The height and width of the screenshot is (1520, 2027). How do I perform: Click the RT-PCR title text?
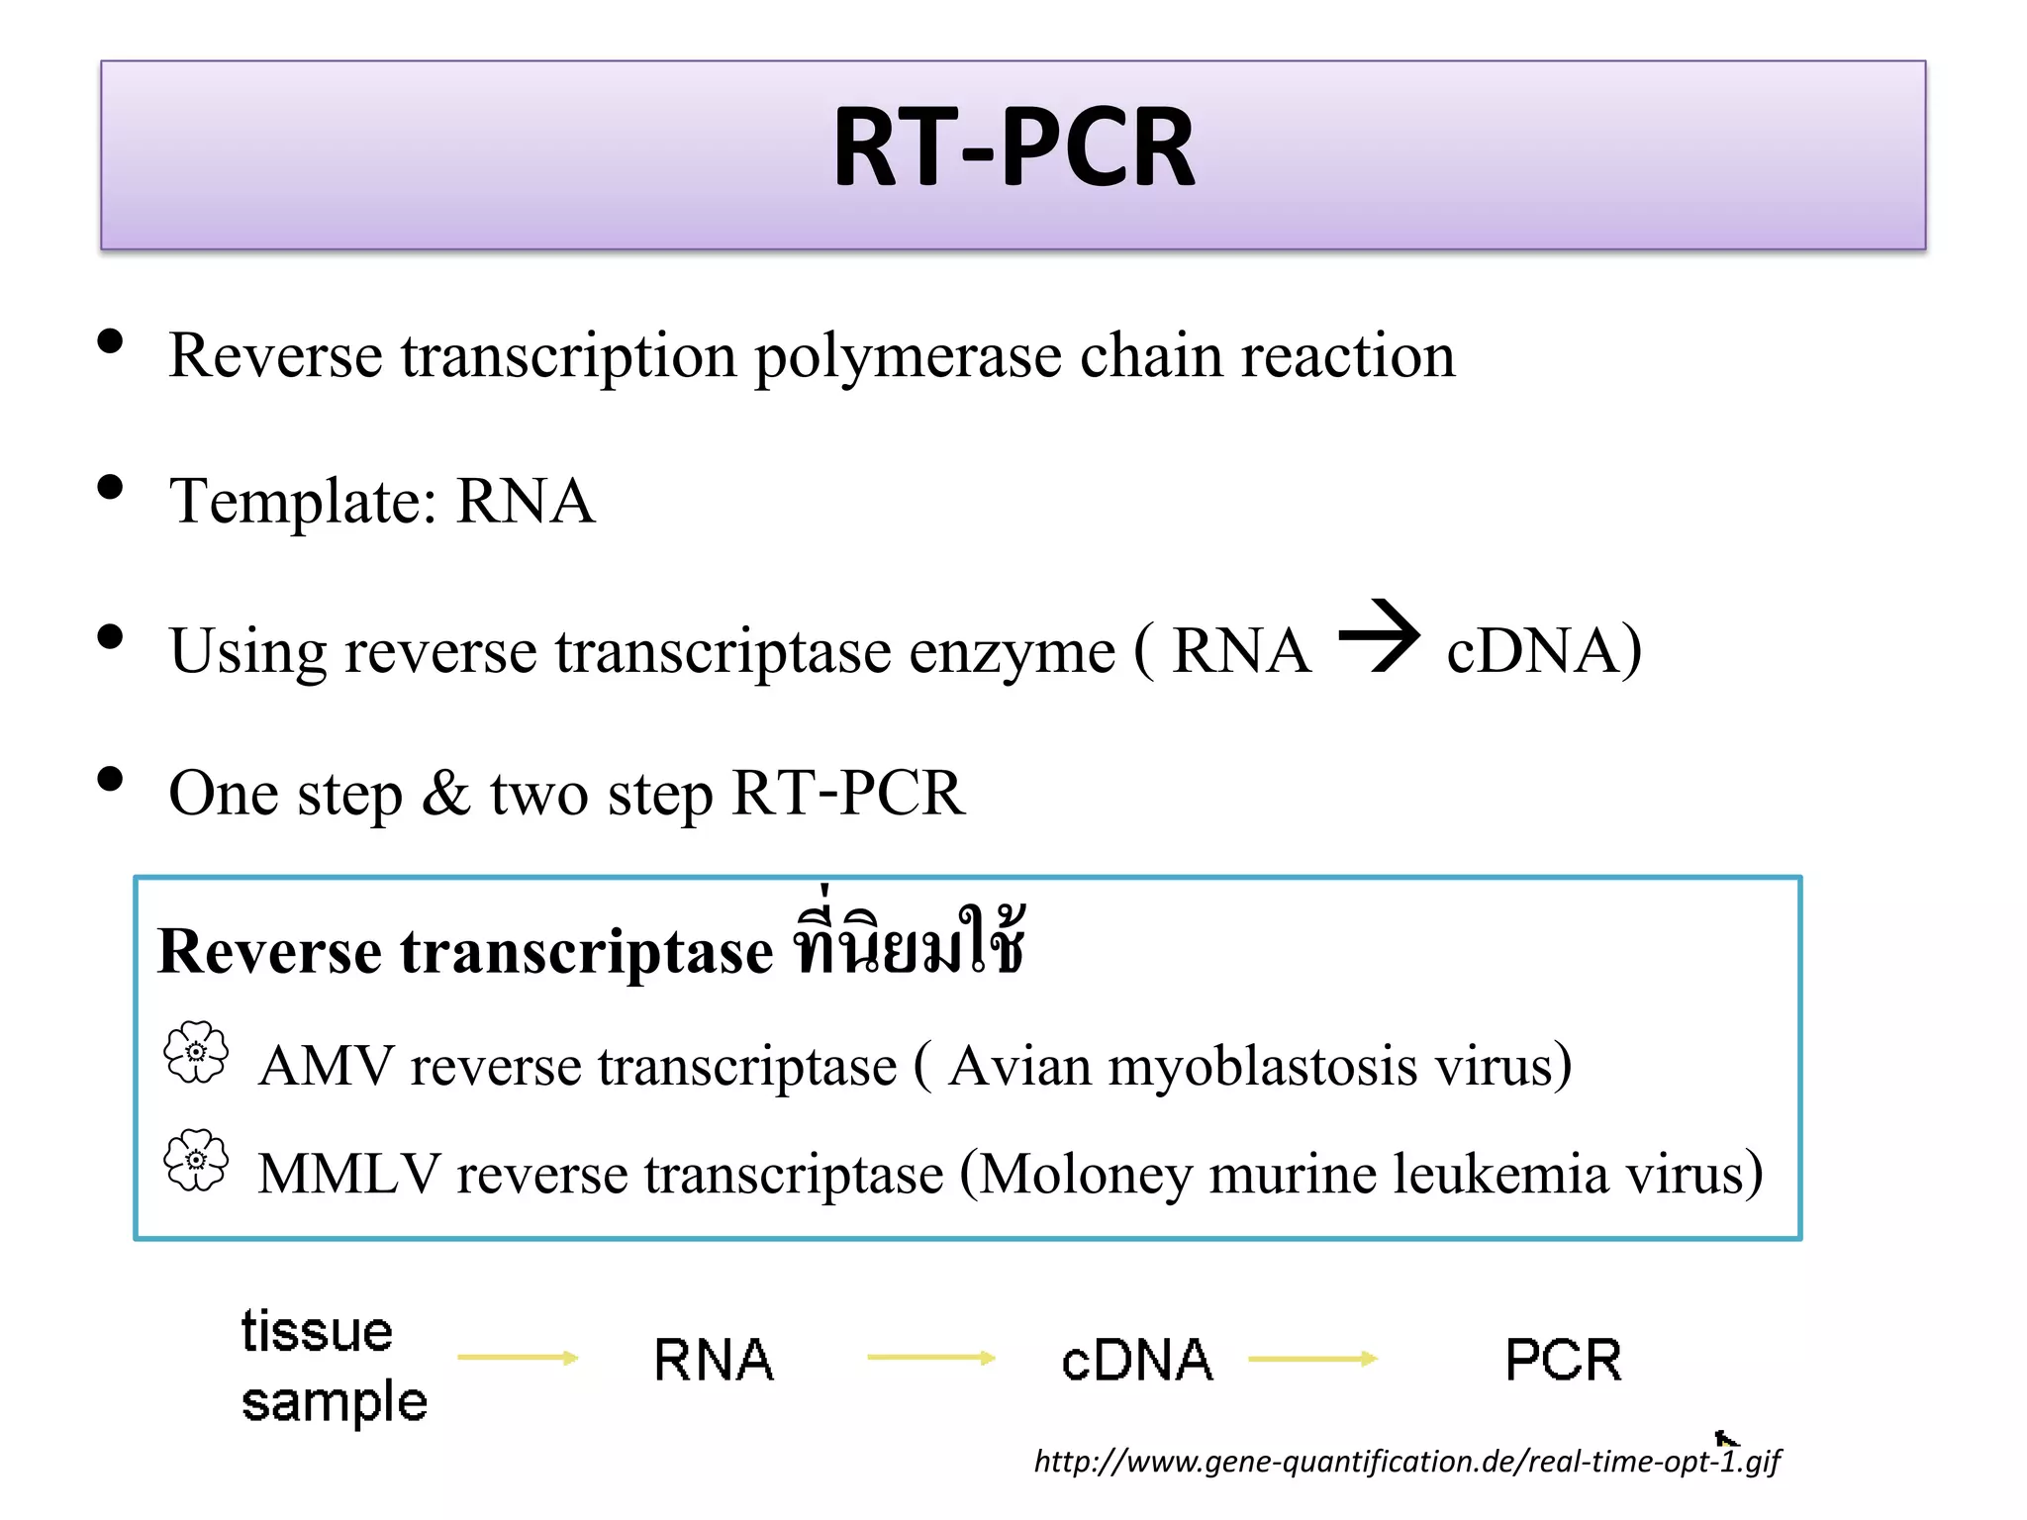(1013, 148)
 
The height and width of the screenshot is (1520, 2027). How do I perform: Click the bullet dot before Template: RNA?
(111, 488)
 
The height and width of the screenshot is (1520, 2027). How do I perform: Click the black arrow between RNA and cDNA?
(1380, 637)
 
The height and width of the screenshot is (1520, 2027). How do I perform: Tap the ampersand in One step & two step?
(445, 793)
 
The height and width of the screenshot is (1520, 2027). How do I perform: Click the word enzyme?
(1012, 653)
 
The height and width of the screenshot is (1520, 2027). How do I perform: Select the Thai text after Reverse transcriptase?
(908, 945)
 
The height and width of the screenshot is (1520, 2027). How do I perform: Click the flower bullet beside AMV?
(196, 1053)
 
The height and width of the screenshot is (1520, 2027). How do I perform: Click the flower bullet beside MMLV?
(196, 1160)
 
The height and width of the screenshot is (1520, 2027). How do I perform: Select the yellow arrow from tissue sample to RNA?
(518, 1358)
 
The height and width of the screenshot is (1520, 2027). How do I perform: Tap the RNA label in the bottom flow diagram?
(714, 1360)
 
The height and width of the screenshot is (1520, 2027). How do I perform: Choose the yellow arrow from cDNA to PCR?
(1312, 1360)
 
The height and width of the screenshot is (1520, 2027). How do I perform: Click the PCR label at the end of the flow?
(1563, 1360)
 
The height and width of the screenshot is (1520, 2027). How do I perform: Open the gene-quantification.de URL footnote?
(1405, 1461)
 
